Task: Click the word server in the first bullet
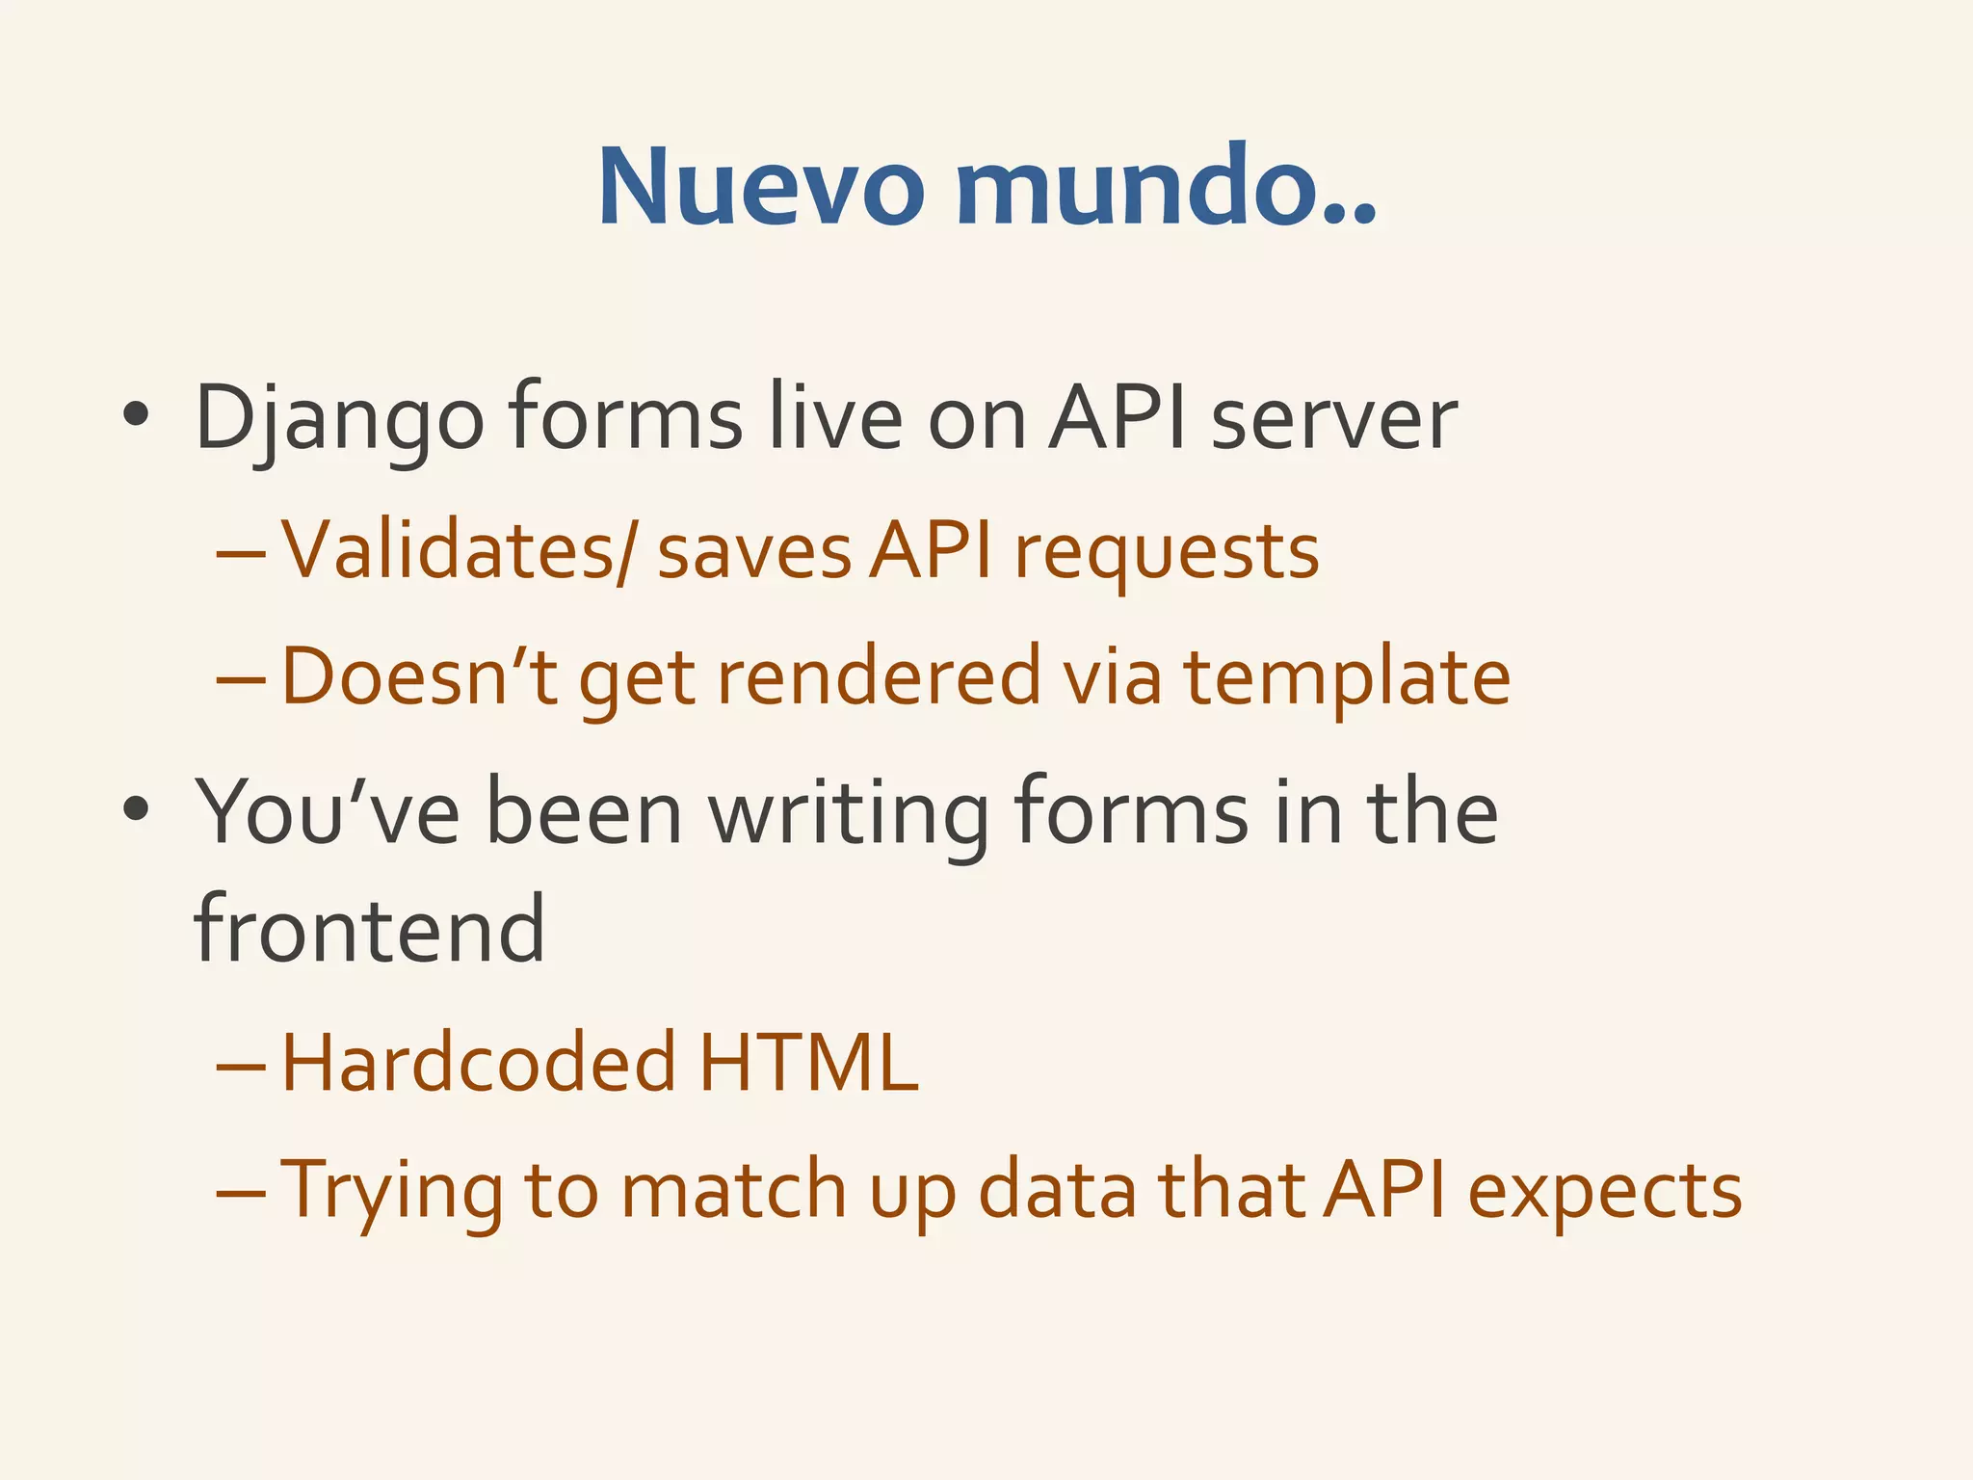(1333, 420)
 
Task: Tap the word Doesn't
(420, 676)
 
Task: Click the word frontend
(370, 929)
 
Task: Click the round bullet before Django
(136, 416)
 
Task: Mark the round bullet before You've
(136, 809)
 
